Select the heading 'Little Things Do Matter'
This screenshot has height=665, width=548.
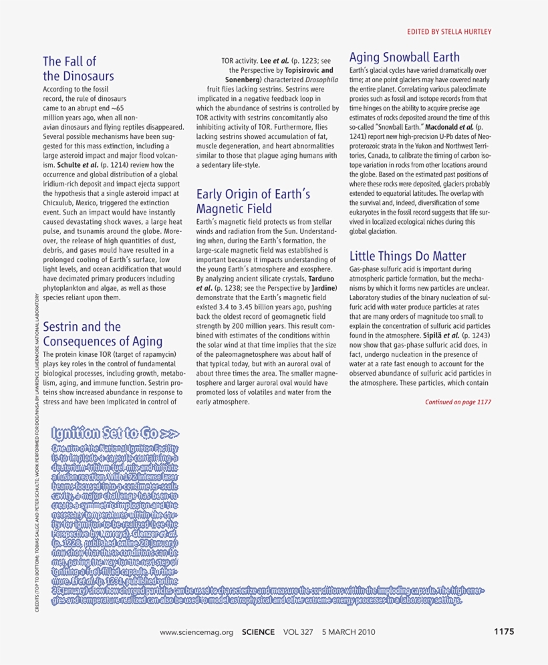[x=408, y=256]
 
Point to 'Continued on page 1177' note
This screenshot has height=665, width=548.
[x=458, y=402]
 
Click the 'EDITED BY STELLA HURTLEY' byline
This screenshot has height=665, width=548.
[x=449, y=31]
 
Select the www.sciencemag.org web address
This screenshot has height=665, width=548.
[x=196, y=632]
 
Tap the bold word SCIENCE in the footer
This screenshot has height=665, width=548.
[x=258, y=632]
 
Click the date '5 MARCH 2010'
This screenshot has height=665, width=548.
[x=349, y=632]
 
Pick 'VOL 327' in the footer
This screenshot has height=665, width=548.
[x=298, y=632]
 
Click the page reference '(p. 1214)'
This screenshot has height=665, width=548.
[x=122, y=164]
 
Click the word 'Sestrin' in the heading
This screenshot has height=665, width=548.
[x=63, y=327]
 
